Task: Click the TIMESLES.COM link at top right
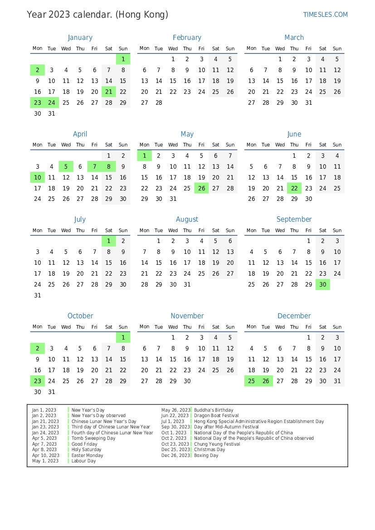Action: coord(325,15)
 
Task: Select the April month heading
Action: coord(80,134)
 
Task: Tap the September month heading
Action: coord(294,219)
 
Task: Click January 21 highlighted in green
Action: coord(109,92)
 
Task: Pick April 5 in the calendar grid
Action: coord(66,166)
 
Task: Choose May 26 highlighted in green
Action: coord(201,188)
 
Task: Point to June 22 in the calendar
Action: coord(294,188)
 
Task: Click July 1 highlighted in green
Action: coord(109,241)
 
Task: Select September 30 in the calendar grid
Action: coord(323,285)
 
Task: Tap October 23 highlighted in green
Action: coord(38,381)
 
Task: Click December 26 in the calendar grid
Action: coord(266,381)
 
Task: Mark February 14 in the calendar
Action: coord(159,81)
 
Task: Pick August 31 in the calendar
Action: coord(187,285)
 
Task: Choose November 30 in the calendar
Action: coord(187,381)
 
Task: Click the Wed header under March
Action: coord(280,49)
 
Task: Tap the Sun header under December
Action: coord(337,326)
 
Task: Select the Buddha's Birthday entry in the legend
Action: coord(214,410)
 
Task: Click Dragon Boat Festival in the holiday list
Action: coord(216,416)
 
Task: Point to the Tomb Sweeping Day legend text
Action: coord(93,438)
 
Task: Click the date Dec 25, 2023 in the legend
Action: coord(175,450)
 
